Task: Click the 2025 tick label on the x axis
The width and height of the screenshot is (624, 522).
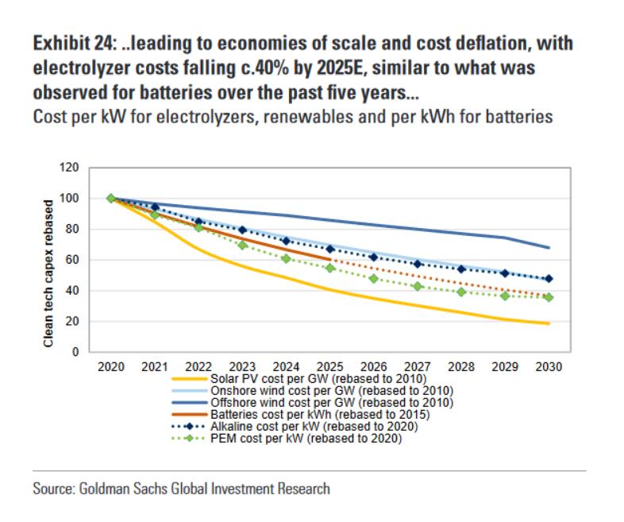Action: click(x=329, y=367)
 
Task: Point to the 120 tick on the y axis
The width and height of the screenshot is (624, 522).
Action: click(x=72, y=168)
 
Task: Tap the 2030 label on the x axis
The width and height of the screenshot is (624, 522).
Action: click(x=549, y=367)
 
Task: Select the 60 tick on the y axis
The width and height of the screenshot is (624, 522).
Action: click(x=75, y=260)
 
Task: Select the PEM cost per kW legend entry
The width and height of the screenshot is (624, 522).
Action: click(x=306, y=438)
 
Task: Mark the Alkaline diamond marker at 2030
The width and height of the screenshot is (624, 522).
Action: click(x=549, y=279)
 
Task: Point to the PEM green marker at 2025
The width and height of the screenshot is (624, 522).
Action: click(x=329, y=268)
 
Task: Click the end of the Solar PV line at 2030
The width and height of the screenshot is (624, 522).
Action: click(x=549, y=323)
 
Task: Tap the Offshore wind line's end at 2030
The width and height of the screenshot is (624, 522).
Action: click(x=549, y=247)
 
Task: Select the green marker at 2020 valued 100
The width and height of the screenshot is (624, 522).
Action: click(x=110, y=199)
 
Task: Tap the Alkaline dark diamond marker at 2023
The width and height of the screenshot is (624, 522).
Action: click(x=242, y=230)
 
